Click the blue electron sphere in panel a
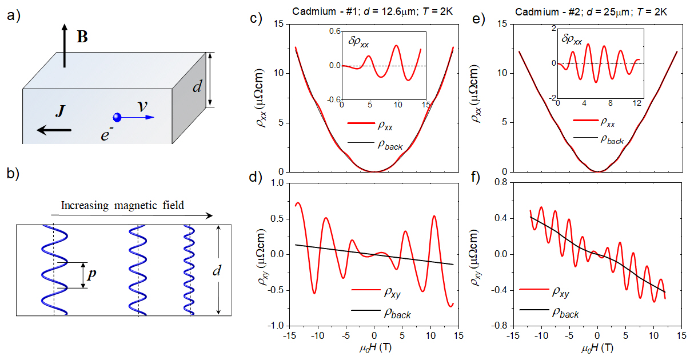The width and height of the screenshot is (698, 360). (x=117, y=118)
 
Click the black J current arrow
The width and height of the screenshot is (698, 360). (x=54, y=130)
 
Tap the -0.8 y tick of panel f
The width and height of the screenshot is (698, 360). (x=497, y=326)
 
